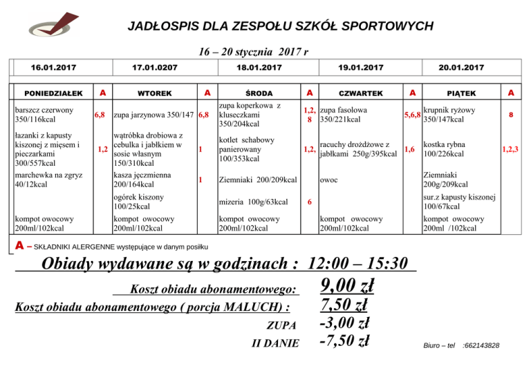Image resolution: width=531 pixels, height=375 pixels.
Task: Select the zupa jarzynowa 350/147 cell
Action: [153, 115]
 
